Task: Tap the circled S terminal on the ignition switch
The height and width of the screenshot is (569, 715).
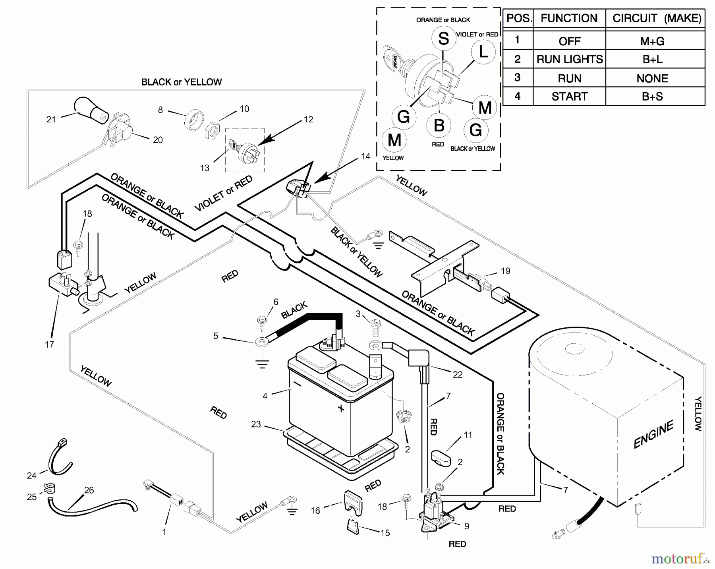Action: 443,39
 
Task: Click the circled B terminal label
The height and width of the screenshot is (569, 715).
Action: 439,126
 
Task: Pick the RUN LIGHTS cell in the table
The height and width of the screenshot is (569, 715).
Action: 569,59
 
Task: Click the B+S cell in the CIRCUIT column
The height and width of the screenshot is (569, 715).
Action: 652,97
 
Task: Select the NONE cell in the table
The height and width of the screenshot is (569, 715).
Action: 652,78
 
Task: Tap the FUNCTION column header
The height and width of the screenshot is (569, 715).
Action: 569,18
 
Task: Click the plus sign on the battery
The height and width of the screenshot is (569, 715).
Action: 341,408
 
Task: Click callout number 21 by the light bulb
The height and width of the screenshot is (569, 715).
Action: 51,119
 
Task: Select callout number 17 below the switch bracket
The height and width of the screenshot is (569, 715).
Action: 49,344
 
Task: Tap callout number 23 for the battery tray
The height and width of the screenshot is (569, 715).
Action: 256,424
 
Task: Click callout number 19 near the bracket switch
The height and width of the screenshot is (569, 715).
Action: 505,271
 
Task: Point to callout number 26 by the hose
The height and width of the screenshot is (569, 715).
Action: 89,490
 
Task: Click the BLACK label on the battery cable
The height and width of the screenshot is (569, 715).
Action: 294,310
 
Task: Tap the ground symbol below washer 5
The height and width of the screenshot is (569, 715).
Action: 262,364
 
